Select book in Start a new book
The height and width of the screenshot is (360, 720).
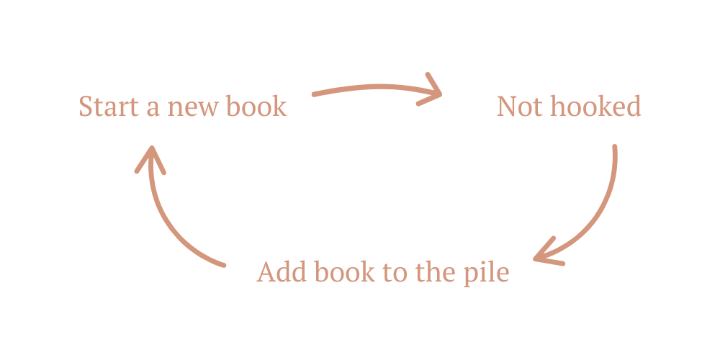click(x=256, y=107)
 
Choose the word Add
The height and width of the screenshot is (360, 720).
click(x=276, y=273)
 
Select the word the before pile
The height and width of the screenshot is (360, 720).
click(x=432, y=273)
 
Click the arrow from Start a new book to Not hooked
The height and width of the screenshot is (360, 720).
click(x=367, y=89)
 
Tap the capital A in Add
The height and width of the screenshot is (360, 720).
click(x=266, y=273)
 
